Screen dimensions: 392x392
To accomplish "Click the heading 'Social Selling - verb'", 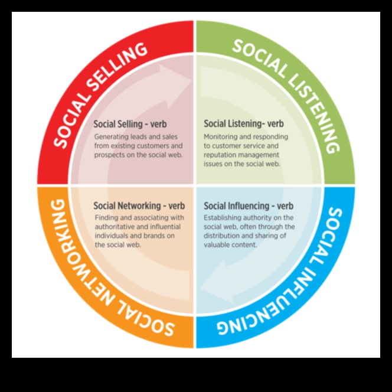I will click(130, 125).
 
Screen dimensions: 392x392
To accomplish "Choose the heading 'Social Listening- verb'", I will click(244, 125).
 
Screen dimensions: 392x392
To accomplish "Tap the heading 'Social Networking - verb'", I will click(139, 206).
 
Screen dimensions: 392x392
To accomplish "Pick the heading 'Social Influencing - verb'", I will click(249, 206).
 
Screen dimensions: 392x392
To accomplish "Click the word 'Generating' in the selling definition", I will click(110, 136).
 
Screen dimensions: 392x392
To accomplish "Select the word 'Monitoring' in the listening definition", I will click(221, 136).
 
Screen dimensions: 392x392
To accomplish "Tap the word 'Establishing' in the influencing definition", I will click(223, 218).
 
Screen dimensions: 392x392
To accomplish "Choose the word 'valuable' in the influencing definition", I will click(217, 244).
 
